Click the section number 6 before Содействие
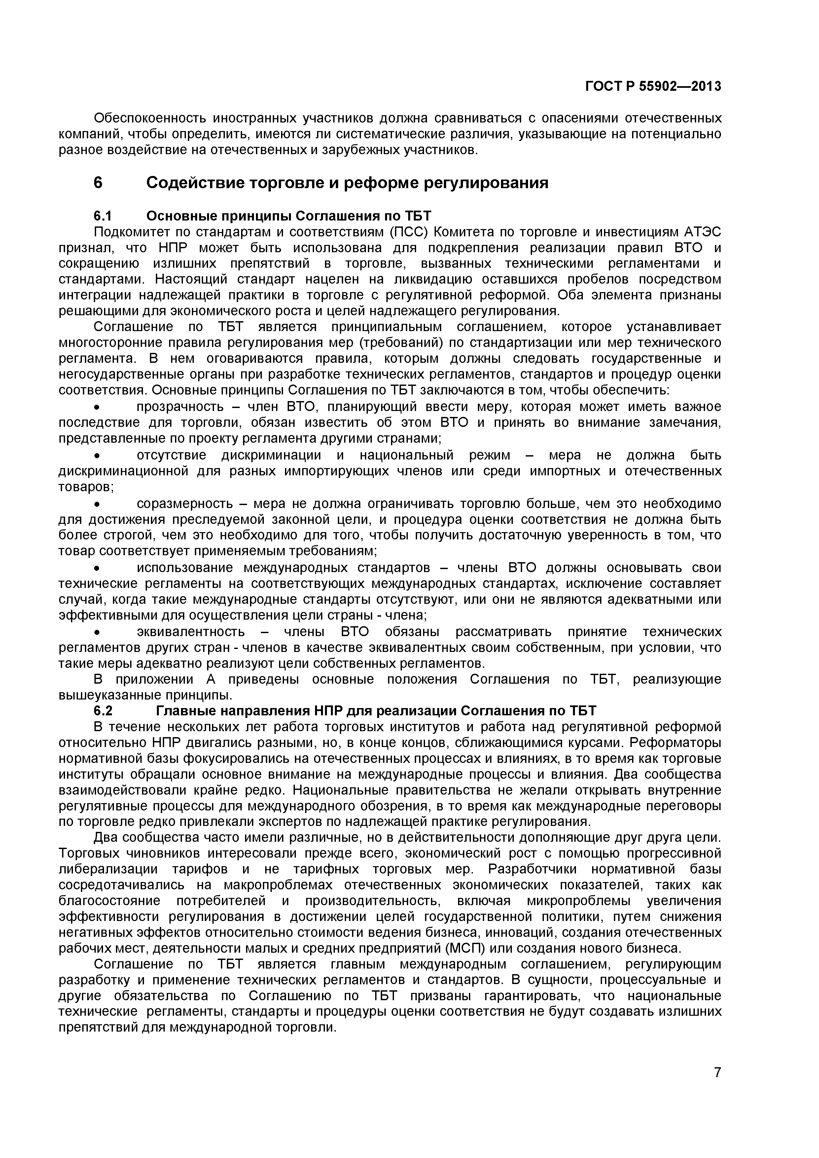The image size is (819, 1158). (98, 183)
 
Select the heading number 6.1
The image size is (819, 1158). (102, 216)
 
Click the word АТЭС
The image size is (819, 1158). (702, 232)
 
